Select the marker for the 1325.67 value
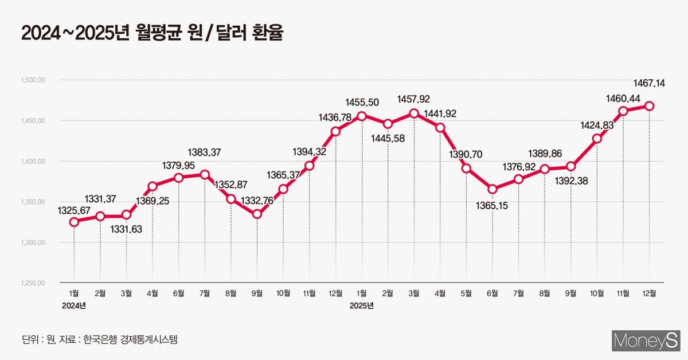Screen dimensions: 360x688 click(74, 222)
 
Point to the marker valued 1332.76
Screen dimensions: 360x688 click(257, 214)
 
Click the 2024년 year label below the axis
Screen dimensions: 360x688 click(74, 306)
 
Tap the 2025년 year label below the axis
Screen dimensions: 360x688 click(362, 306)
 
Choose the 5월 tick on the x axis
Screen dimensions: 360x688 click(466, 294)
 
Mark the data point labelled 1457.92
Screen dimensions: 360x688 click(414, 114)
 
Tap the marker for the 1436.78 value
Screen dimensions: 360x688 click(335, 131)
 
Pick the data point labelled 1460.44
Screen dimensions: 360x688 click(624, 111)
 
